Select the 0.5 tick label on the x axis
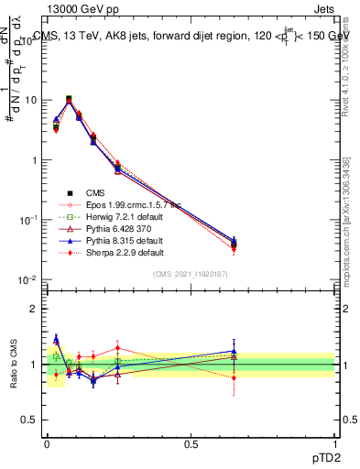coord(191,442)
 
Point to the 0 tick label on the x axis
coord(46,442)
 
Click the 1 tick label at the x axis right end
coord(334,442)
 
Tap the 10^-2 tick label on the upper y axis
coord(29,279)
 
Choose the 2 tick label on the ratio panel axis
coord(36,309)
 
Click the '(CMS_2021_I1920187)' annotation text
coord(191,274)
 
